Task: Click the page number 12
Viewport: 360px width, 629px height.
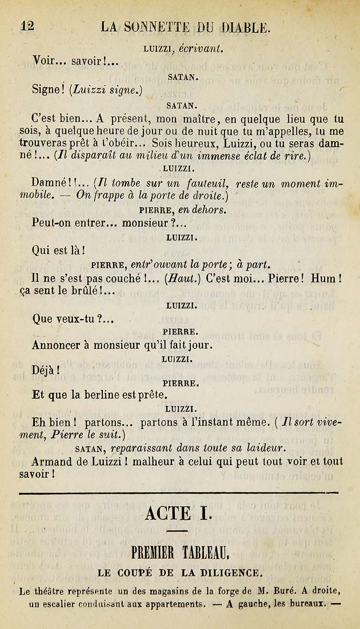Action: tap(27, 26)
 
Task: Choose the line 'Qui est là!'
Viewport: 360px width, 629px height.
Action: tap(58, 249)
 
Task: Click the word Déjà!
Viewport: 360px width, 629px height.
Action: tap(46, 370)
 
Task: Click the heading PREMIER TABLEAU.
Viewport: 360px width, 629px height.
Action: tap(180, 552)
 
